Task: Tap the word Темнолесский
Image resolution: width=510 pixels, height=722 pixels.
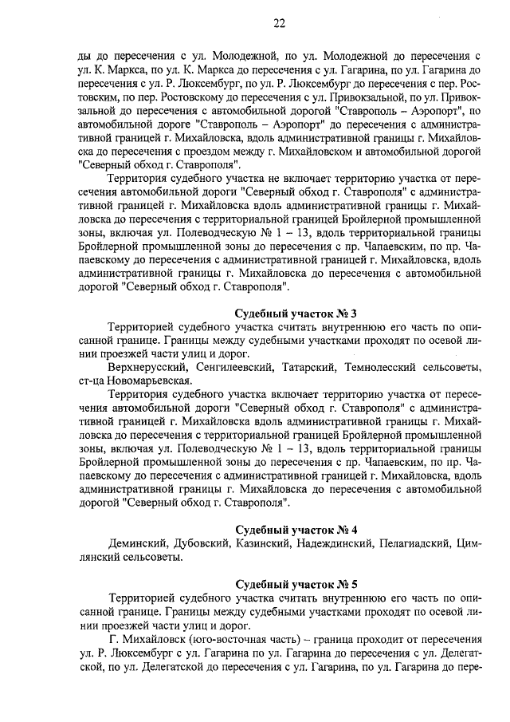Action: pyautogui.click(x=376, y=367)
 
